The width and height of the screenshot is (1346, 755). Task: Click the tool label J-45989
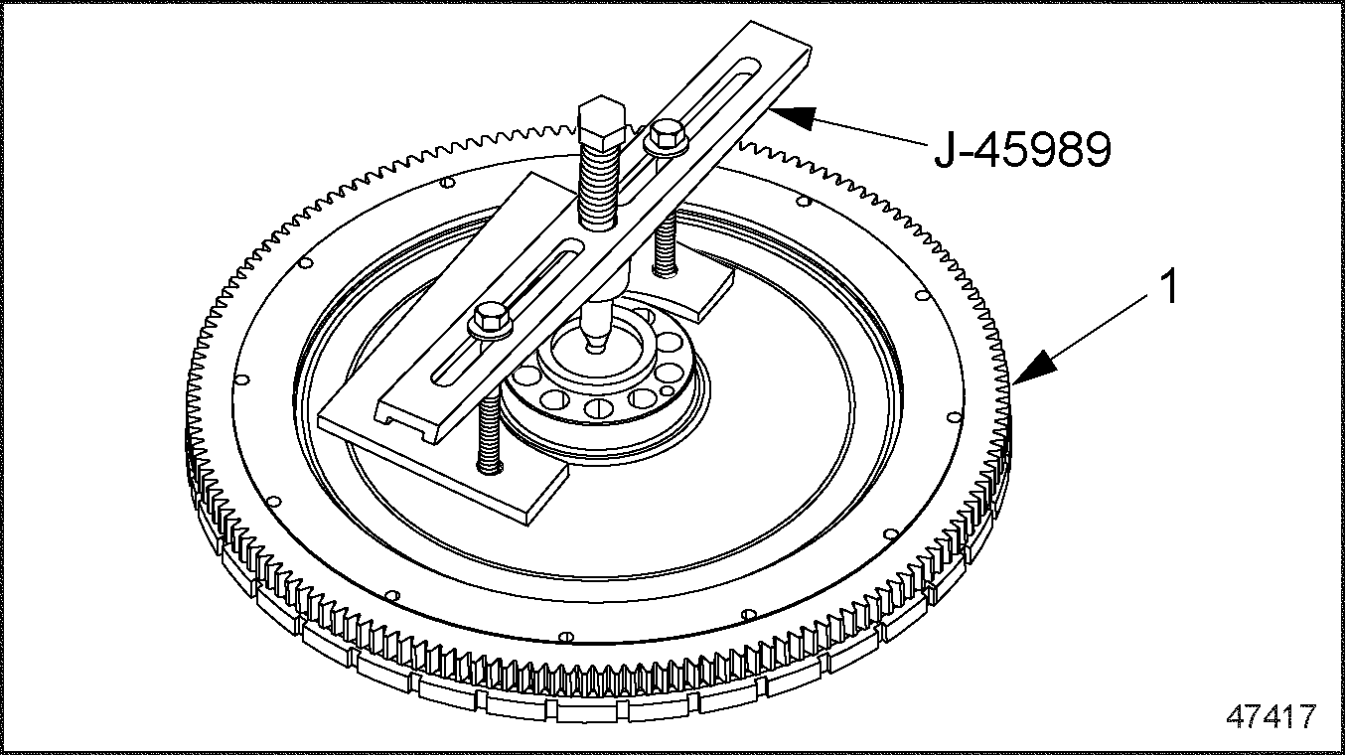click(x=1021, y=151)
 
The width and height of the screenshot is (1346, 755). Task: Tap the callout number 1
click(x=1171, y=288)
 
